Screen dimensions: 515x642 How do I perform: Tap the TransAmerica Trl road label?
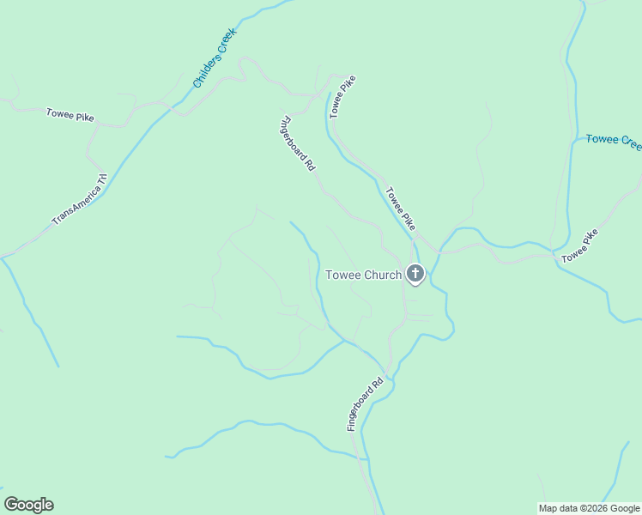[x=79, y=200]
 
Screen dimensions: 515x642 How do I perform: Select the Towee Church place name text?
[x=363, y=276]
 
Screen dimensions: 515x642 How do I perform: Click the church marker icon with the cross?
[x=415, y=275]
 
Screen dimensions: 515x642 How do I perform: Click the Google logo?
[x=28, y=505]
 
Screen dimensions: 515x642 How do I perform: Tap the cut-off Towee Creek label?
[x=613, y=141]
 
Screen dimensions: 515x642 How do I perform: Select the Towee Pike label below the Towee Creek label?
[x=579, y=246]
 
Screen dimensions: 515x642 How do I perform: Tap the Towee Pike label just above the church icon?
[x=401, y=209]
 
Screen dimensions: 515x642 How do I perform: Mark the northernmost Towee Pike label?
[x=342, y=95]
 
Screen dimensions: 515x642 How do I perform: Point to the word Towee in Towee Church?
[x=342, y=276]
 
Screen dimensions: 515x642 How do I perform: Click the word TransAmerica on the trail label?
[x=72, y=207]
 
